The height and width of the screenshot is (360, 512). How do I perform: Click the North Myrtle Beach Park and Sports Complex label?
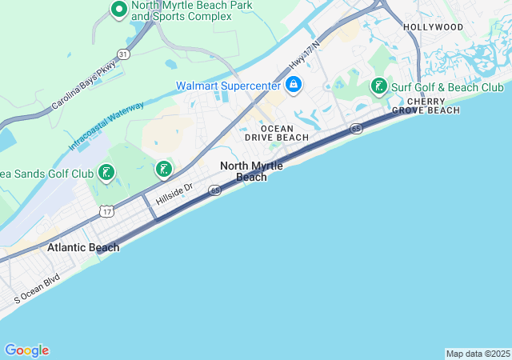pyautogui.click(x=191, y=10)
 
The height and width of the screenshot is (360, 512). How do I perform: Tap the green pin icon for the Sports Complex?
pyautogui.click(x=118, y=10)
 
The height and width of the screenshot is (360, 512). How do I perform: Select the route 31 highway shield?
pyautogui.click(x=123, y=54)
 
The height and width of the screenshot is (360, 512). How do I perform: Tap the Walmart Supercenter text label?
pyautogui.click(x=229, y=85)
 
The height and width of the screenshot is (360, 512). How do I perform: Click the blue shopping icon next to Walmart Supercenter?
pyautogui.click(x=294, y=83)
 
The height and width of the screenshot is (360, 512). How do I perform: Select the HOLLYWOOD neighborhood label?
pyautogui.click(x=433, y=26)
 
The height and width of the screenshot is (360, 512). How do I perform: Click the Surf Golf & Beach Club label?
pyautogui.click(x=447, y=86)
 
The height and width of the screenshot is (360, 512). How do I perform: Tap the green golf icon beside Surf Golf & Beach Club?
pyautogui.click(x=378, y=86)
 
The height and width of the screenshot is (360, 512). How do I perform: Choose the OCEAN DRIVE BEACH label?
pyautogui.click(x=276, y=133)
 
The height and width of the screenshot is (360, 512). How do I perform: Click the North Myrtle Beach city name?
pyautogui.click(x=251, y=171)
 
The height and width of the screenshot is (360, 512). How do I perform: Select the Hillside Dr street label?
pyautogui.click(x=174, y=194)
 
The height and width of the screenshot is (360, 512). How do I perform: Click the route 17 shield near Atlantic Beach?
pyautogui.click(x=107, y=210)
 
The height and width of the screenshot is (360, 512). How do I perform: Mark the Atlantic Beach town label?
pyautogui.click(x=83, y=247)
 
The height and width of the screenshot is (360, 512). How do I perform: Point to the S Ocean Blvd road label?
pyautogui.click(x=37, y=291)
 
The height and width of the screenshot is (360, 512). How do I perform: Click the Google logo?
pyautogui.click(x=26, y=350)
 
